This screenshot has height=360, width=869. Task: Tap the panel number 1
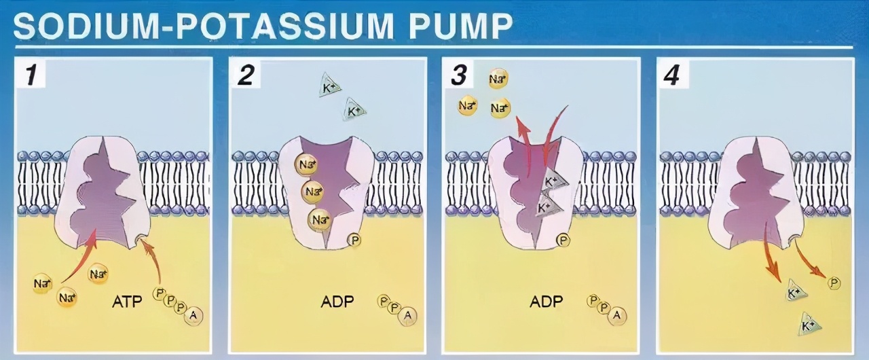click(x=31, y=75)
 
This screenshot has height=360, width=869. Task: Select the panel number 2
click(x=246, y=75)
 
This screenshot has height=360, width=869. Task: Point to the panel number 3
click(x=459, y=75)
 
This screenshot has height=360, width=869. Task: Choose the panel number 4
click(x=671, y=75)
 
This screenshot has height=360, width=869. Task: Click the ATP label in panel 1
click(x=127, y=301)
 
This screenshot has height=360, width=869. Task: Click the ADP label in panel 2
click(x=337, y=301)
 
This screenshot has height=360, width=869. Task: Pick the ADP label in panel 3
click(x=547, y=301)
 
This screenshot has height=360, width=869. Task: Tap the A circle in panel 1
click(x=193, y=316)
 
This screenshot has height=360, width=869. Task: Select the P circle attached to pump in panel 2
click(x=354, y=240)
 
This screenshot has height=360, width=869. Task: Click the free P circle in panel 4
click(x=834, y=283)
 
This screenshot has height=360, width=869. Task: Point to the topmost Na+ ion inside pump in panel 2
click(x=306, y=164)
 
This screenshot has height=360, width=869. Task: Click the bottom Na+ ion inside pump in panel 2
click(x=319, y=220)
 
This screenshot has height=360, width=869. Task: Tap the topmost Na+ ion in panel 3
click(x=498, y=79)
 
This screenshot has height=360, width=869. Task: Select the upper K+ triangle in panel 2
click(x=329, y=87)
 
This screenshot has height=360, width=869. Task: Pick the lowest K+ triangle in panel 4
click(x=809, y=324)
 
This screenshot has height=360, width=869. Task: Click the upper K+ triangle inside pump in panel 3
click(x=555, y=181)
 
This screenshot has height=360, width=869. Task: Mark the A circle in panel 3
click(x=617, y=315)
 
